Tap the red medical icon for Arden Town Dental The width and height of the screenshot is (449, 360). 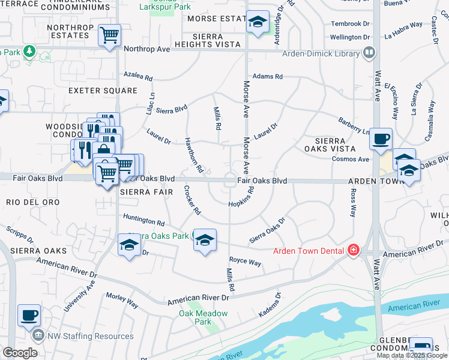point(354,250)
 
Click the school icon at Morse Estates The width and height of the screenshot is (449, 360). point(258,23)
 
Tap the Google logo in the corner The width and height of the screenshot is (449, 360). point(20,353)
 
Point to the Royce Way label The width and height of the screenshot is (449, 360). point(245,262)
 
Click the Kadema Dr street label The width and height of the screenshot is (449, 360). point(269,305)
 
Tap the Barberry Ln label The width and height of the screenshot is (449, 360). point(354,126)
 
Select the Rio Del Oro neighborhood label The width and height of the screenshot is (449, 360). point(33,202)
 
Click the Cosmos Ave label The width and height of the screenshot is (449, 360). point(351,159)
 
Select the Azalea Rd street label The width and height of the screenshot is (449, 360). point(139,77)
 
